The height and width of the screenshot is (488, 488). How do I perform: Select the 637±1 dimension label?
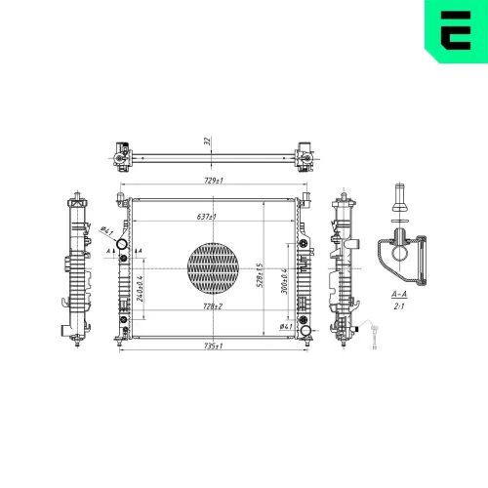[x=206, y=217]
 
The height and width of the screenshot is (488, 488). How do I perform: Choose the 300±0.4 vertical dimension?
[x=282, y=279]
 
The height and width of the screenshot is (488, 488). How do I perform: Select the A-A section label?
[x=398, y=294]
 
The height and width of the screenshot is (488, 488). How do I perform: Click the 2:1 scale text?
[x=398, y=305]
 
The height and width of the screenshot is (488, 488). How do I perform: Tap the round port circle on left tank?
[x=123, y=244]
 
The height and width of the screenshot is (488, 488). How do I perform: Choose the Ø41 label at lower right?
[x=286, y=327]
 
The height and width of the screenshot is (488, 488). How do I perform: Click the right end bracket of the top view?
[x=305, y=153]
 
